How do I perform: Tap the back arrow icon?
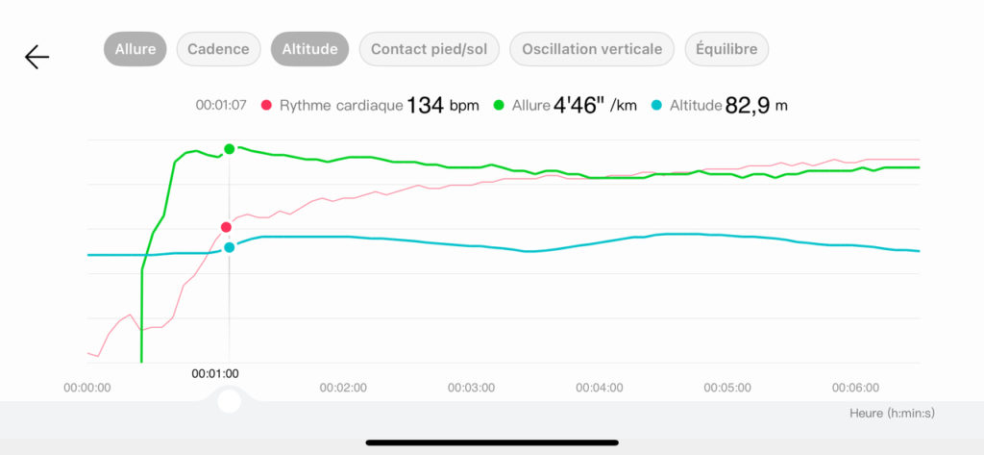click(37, 58)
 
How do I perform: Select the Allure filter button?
click(135, 49)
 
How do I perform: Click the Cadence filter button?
click(218, 49)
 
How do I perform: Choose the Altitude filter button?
click(310, 49)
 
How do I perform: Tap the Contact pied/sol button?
click(430, 49)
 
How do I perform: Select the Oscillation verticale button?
click(592, 49)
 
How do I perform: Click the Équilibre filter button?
click(726, 49)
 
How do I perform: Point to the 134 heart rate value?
click(426, 105)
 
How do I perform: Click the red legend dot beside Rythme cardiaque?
click(266, 105)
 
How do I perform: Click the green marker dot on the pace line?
click(230, 148)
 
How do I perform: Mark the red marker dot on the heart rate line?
click(226, 227)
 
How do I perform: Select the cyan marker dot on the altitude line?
click(230, 247)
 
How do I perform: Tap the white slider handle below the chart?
click(229, 400)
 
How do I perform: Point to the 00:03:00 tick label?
click(471, 388)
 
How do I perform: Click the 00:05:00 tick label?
click(727, 388)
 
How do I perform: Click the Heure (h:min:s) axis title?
click(892, 413)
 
